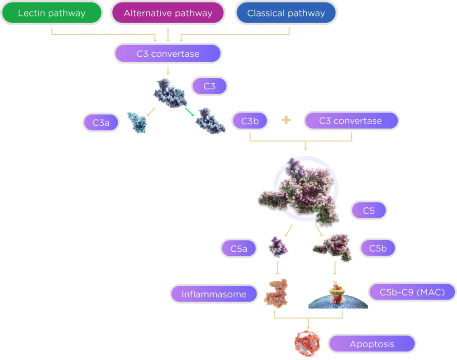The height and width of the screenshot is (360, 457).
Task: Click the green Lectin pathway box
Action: click(x=52, y=13)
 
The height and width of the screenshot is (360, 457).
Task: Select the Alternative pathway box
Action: click(x=168, y=13)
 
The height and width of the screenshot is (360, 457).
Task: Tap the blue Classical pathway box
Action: click(x=286, y=13)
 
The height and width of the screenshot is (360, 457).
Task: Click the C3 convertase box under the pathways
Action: click(x=168, y=54)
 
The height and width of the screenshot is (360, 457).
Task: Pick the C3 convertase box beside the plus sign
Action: click(x=351, y=121)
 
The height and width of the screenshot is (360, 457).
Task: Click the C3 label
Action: click(x=209, y=86)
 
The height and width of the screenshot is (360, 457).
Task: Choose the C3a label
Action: click(x=101, y=123)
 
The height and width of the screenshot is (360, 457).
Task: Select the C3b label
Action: click(x=250, y=121)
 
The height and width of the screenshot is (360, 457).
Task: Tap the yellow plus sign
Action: click(x=286, y=121)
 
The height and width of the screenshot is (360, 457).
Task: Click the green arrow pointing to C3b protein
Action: click(x=189, y=113)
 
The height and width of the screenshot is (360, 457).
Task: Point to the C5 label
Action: click(x=369, y=210)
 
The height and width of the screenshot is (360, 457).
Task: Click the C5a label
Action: click(x=239, y=249)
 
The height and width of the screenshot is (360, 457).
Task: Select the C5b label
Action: click(x=378, y=248)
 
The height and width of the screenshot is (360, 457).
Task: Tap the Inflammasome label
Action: click(x=214, y=294)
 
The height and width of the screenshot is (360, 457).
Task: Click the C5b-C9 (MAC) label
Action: click(x=412, y=292)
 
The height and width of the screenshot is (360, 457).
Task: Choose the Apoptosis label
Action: click(x=372, y=344)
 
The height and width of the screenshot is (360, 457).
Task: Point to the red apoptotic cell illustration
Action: click(x=307, y=343)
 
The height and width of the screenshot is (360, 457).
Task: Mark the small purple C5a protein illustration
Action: click(x=278, y=247)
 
